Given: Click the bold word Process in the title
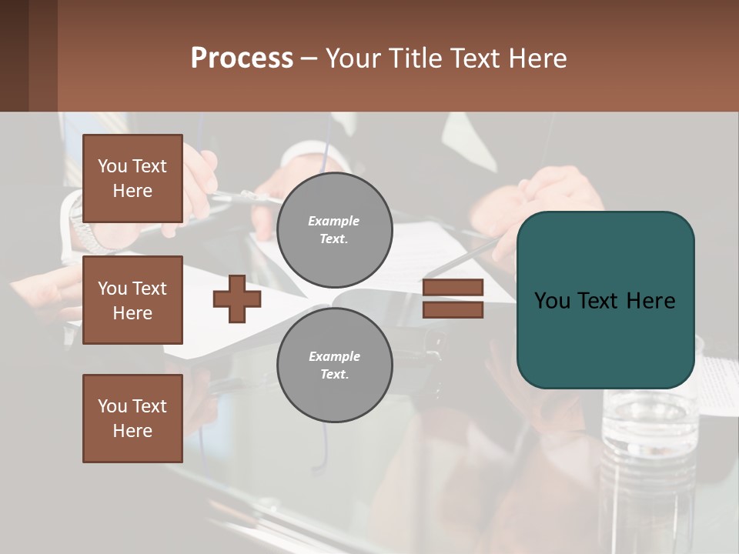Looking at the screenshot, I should [242, 58].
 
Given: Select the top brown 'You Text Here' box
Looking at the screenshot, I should [132, 179].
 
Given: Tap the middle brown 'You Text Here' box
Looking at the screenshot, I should [132, 300].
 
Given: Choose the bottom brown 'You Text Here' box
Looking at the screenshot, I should [132, 419].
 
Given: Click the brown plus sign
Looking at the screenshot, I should [236, 299].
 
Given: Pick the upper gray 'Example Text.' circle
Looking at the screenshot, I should [334, 230].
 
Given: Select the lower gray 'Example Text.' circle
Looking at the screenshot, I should [334, 365].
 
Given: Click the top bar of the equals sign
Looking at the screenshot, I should [453, 287].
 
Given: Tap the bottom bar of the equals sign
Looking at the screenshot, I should [453, 310].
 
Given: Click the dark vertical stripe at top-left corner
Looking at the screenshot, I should [15, 55].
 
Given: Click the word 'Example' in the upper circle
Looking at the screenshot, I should [334, 221].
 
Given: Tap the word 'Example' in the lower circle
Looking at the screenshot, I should [334, 356].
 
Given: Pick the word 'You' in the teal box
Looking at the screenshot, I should [552, 301].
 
